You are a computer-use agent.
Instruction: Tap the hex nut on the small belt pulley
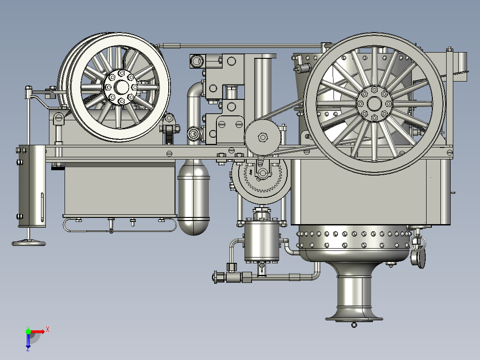(263, 137)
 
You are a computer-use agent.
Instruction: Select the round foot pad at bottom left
(28, 243)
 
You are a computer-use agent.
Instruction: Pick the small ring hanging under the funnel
(354, 325)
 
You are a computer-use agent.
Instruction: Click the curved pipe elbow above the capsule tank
(195, 96)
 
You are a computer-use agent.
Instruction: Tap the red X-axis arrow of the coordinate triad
(38, 331)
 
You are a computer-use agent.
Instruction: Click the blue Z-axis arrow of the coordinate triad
(28, 341)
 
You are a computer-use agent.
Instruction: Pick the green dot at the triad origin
(28, 331)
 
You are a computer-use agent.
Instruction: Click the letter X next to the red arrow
(47, 330)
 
